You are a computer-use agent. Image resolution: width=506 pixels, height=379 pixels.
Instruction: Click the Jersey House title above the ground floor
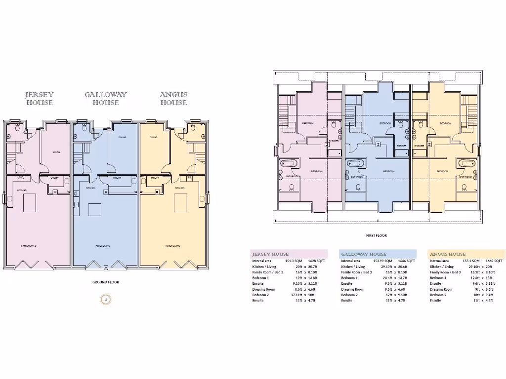[x=40, y=99]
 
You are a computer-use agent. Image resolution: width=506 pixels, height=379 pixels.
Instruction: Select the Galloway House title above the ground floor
[x=105, y=99]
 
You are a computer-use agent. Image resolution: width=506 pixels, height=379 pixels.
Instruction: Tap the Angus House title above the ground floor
[x=173, y=99]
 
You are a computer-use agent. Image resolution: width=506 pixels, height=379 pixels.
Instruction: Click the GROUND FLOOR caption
[x=106, y=282]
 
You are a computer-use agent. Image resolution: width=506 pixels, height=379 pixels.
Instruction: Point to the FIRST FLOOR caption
[x=377, y=236]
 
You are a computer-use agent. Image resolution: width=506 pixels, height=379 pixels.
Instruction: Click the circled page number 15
[x=105, y=299]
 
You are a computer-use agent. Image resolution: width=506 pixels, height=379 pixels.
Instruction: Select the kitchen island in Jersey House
[x=30, y=202]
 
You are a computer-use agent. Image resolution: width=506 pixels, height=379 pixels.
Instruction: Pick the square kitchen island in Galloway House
[x=95, y=210]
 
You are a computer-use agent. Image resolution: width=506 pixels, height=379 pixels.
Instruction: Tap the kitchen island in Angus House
[x=181, y=202]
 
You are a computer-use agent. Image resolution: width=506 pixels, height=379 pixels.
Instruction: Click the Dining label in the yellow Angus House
[x=154, y=138]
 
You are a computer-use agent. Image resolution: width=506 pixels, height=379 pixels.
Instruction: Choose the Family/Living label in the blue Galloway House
[x=102, y=245]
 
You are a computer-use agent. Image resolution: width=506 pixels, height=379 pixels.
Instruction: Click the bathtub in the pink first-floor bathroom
[x=288, y=164]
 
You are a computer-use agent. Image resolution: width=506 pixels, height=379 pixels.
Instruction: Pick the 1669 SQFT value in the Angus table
[x=494, y=261]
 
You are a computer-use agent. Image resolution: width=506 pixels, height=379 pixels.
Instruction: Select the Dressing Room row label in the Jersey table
[x=263, y=289]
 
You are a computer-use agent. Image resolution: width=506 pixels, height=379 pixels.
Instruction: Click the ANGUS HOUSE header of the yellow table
[x=448, y=254]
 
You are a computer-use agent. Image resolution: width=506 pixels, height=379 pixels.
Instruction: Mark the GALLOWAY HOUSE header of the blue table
[x=364, y=254]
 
